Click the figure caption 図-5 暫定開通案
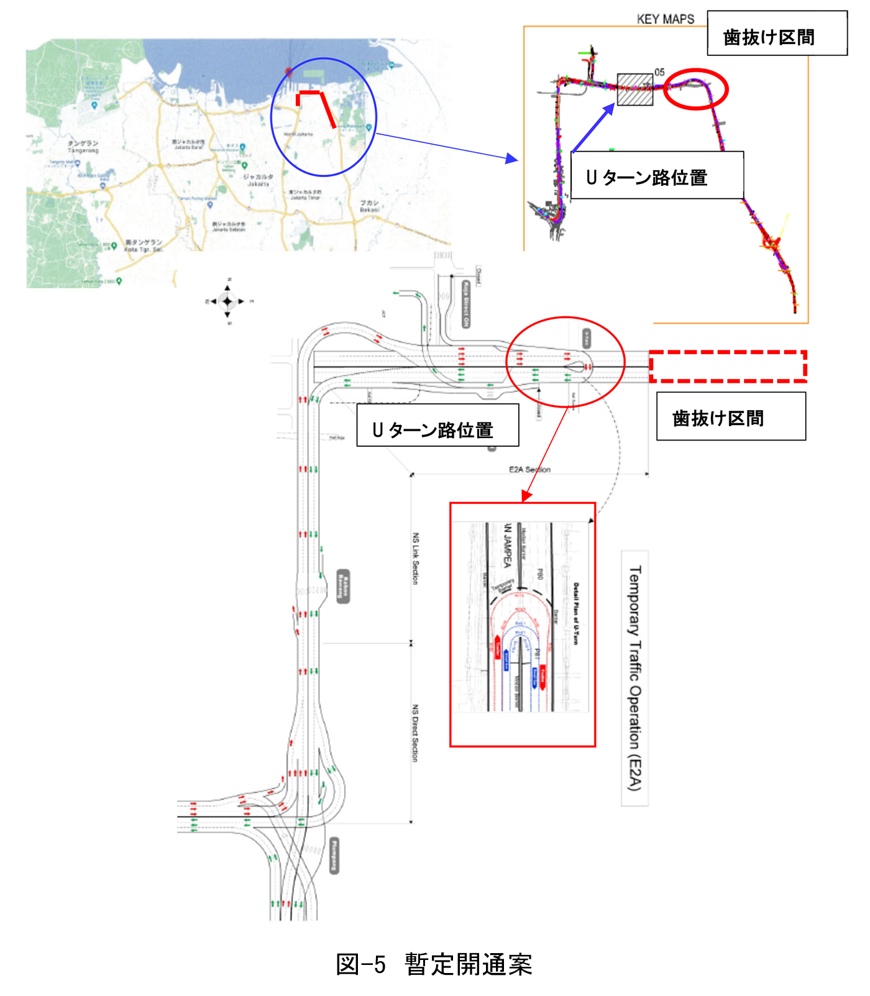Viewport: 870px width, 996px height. [x=434, y=964]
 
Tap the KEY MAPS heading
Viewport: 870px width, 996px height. [x=665, y=19]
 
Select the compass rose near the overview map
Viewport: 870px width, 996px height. [x=227, y=301]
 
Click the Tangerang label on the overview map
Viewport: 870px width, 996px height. [x=83, y=147]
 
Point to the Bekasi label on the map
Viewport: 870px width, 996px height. [x=369, y=206]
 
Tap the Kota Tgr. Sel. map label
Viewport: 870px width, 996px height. [x=144, y=246]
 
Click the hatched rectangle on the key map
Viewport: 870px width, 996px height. [x=634, y=89]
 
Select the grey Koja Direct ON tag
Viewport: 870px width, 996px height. [x=466, y=304]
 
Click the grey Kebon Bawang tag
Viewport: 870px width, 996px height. [x=343, y=586]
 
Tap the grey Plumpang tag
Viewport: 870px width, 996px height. [x=335, y=856]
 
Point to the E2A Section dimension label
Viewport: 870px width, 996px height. [x=529, y=469]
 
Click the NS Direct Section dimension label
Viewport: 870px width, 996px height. [x=415, y=733]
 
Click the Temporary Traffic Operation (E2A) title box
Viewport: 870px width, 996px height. [x=634, y=678]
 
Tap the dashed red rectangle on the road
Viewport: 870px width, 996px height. [x=728, y=366]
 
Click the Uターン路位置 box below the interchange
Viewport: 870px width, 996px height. [x=437, y=425]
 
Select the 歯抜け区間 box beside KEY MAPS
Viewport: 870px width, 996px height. [x=777, y=34]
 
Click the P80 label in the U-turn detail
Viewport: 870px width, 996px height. [x=539, y=575]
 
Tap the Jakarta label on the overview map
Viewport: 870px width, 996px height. [x=258, y=180]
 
